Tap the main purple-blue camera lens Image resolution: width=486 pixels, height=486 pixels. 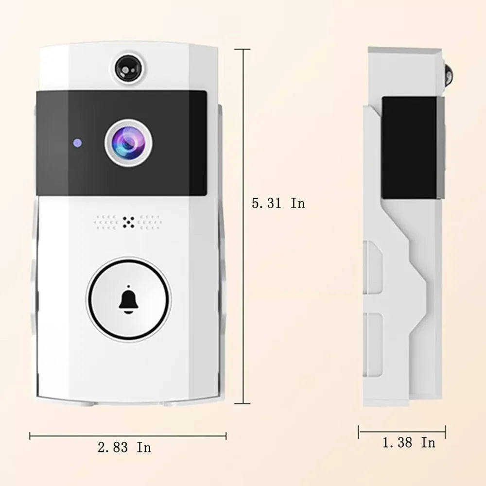128,142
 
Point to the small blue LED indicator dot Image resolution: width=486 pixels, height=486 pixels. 76,143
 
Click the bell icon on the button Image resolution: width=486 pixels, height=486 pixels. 128,298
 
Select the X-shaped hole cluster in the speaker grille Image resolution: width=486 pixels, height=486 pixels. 128,222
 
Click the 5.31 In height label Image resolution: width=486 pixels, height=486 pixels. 278,203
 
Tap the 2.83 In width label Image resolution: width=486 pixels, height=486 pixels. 124,447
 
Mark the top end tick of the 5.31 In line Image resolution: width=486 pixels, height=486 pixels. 243,49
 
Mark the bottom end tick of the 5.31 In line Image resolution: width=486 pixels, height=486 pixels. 243,403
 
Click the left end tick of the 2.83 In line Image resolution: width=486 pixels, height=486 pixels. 30,436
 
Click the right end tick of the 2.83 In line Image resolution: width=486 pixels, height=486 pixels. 226,436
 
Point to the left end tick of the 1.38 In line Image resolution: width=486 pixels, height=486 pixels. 359,432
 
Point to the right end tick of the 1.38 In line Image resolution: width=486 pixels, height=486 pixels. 445,432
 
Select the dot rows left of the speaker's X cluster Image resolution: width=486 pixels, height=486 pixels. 106,222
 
